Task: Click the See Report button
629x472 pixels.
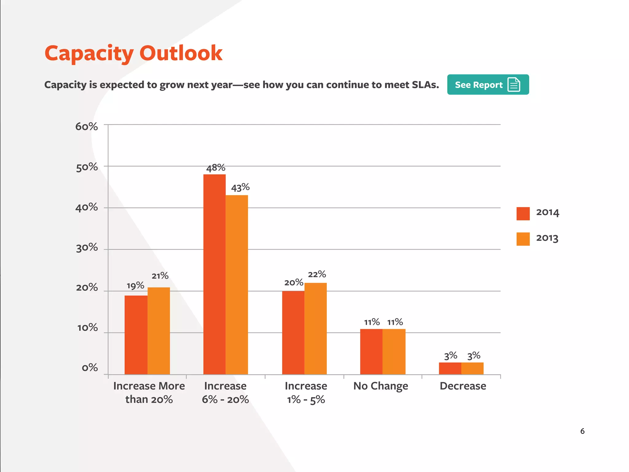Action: point(488,85)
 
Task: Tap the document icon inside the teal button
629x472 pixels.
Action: point(514,85)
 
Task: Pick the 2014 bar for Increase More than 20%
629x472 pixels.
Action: point(136,335)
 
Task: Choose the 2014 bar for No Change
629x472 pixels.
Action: point(371,352)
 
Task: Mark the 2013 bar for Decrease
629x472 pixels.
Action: point(472,368)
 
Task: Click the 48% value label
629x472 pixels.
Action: point(216,168)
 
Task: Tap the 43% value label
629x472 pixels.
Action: point(240,187)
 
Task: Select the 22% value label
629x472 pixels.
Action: point(317,274)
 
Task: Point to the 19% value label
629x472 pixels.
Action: point(135,286)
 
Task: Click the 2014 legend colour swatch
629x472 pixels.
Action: point(523,214)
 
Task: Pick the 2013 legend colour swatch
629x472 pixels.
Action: point(523,239)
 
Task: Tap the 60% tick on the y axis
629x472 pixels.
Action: point(87,127)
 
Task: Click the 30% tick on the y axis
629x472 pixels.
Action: point(87,248)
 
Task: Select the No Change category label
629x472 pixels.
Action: point(381,386)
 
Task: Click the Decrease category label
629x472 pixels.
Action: point(463,386)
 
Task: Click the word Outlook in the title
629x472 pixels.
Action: point(181,53)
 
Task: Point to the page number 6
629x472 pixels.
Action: point(582,431)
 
